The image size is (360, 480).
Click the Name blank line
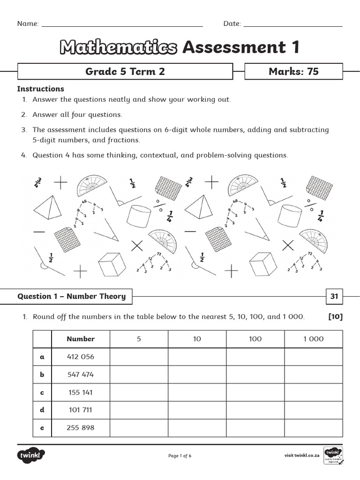coord(122,25)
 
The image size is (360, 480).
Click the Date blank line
coord(293,25)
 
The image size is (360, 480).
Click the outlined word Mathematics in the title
coord(119,47)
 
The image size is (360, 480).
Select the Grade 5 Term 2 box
coord(125,72)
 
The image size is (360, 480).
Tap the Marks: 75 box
coord(293,72)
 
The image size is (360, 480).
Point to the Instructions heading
coord(41,89)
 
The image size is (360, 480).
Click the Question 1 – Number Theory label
coord(72,296)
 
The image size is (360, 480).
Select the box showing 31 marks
coord(334,296)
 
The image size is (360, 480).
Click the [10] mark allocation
coord(336,317)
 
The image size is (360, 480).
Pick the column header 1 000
coord(313,339)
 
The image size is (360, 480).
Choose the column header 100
coord(255,339)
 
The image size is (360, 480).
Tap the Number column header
coord(81,339)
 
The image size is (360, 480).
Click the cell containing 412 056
coord(81,357)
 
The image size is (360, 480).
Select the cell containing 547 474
coord(81,375)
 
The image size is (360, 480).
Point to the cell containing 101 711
coord(81,410)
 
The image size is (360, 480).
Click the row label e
coord(42,427)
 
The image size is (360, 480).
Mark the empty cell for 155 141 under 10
coord(197,392)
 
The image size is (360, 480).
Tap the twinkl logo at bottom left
coord(31,455)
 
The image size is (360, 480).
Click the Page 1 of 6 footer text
coord(180,456)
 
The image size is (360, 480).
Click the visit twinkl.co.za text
coord(302,455)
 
